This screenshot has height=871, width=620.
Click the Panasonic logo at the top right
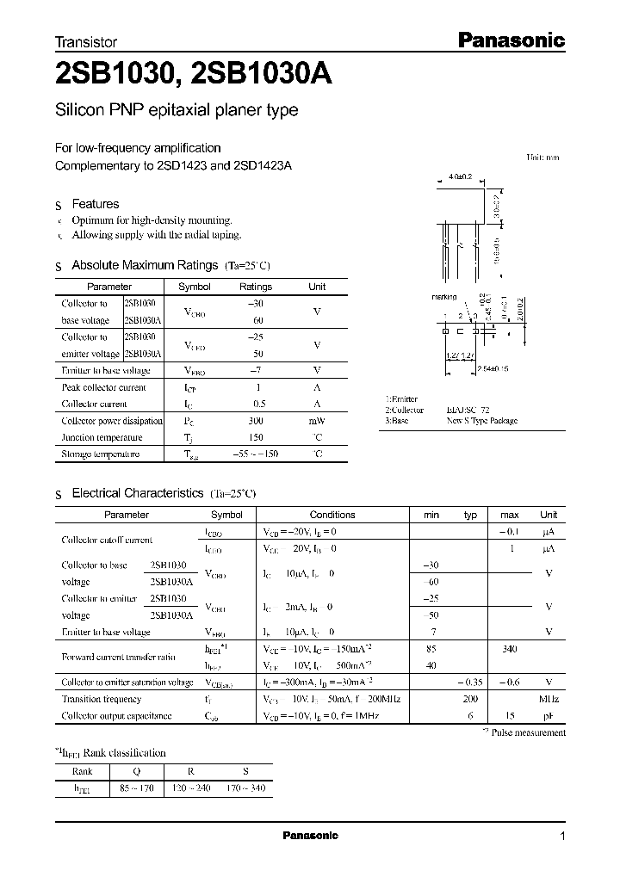(509, 40)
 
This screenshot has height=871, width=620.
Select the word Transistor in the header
(86, 41)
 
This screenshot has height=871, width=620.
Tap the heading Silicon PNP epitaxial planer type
(177, 110)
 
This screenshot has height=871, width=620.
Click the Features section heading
(95, 204)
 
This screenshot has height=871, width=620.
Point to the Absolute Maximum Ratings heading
(146, 265)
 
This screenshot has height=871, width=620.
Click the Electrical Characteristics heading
(139, 493)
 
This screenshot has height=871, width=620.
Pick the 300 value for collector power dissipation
(255, 421)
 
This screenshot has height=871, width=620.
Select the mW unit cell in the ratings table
(317, 421)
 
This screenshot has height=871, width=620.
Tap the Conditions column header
(332, 515)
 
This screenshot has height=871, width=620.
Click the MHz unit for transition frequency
(548, 700)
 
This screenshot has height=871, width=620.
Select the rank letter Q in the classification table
(137, 771)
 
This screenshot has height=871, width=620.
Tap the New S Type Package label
(481, 422)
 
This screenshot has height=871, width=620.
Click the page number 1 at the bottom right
(562, 837)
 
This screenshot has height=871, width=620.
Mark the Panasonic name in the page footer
(310, 836)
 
